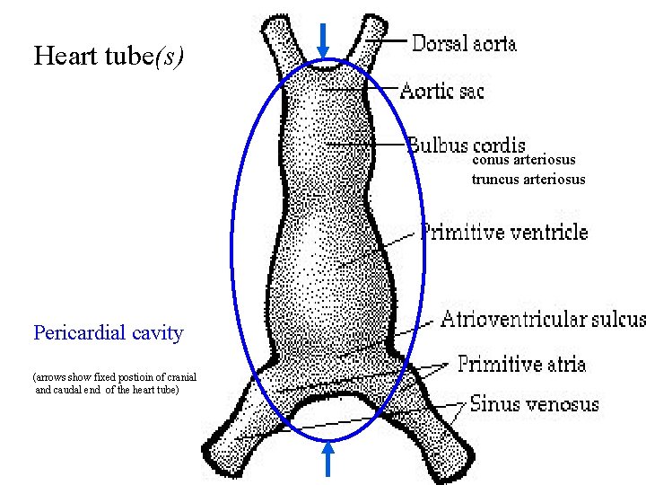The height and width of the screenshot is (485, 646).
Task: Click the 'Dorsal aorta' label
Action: tap(464, 42)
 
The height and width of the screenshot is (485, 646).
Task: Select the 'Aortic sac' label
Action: tap(441, 90)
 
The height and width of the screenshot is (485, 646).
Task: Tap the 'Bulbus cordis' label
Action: tap(467, 144)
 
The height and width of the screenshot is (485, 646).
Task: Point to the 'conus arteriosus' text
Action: tap(523, 160)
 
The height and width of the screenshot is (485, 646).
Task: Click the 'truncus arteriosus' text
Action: tap(528, 179)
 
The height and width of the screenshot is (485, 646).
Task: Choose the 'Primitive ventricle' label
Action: tap(504, 233)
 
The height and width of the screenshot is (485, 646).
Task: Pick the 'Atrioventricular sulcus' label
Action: tap(543, 319)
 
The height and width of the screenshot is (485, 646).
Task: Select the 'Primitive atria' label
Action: tap(521, 364)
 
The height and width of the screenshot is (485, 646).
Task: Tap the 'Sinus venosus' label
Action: tap(534, 404)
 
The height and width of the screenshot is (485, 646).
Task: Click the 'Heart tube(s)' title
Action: tap(109, 56)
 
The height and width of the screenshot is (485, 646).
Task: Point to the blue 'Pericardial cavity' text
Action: tap(108, 333)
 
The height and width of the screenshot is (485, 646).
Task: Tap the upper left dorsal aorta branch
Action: tap(279, 40)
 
